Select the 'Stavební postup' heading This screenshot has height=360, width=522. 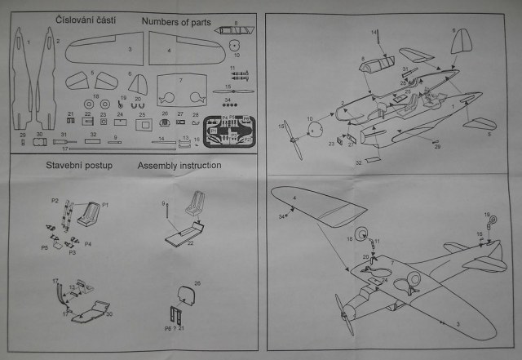point(79,166)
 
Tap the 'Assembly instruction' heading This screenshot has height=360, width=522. point(179,166)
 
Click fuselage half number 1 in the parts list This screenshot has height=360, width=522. point(26,78)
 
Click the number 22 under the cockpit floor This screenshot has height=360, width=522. point(190,242)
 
